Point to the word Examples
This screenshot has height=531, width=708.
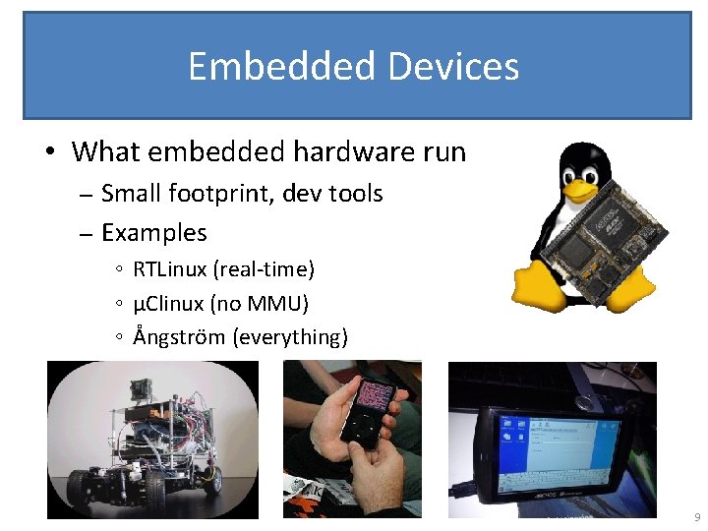pos(154,233)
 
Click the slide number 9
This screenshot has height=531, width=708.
pos(696,517)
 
